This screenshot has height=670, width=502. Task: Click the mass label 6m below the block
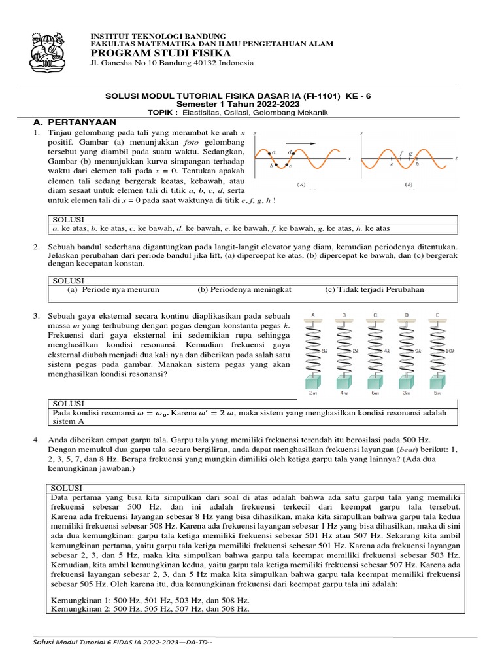click(x=375, y=393)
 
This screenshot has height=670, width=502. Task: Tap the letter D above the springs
click(x=407, y=315)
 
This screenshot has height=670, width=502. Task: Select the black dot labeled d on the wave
click(x=293, y=153)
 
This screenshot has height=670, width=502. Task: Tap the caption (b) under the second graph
click(x=409, y=185)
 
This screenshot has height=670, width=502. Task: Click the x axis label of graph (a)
click(x=350, y=158)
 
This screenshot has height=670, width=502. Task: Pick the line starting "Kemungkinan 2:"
click(x=150, y=608)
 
